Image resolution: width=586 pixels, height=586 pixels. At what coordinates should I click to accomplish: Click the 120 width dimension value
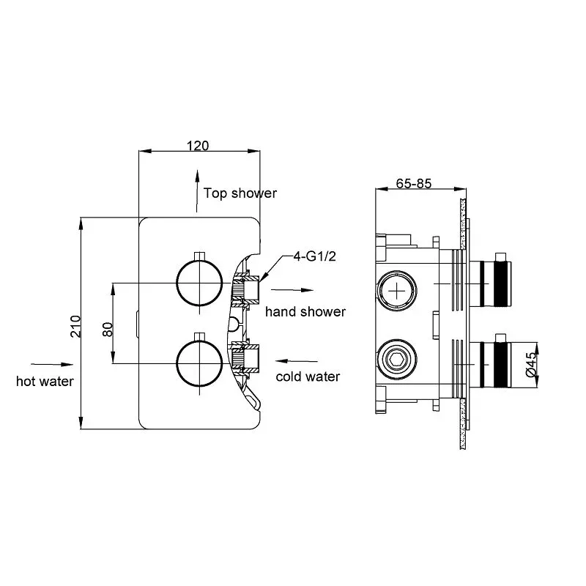pos(198,145)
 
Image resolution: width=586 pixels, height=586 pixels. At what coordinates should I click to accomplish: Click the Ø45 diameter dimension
pos(533,361)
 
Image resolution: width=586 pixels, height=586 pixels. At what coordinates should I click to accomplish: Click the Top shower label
pos(240,193)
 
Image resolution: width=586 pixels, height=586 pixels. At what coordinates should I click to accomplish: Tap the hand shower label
pos(305,312)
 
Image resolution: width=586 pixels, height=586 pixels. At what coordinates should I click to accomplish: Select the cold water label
pos(308,377)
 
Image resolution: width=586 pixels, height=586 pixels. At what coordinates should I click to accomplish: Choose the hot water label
pos(45,380)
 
